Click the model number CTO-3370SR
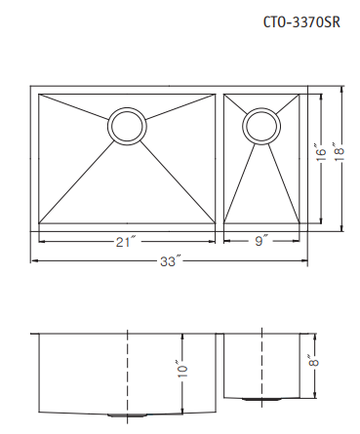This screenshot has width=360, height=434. [x=301, y=22]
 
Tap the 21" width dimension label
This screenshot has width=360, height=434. [x=125, y=242]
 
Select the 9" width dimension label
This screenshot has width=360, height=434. [x=260, y=241]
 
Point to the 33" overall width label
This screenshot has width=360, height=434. [x=170, y=261]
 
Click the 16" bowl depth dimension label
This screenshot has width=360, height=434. [x=321, y=153]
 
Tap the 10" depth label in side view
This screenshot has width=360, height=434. [x=182, y=369]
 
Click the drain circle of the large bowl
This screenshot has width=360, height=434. [x=127, y=126]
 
